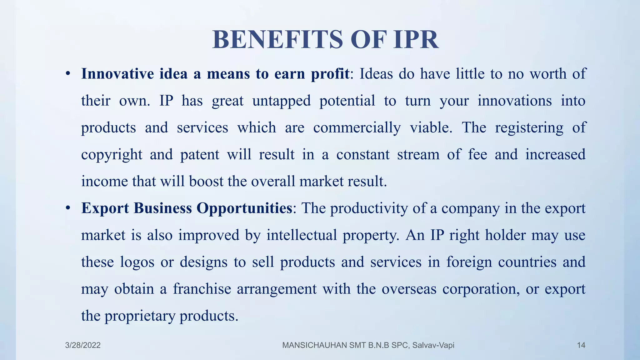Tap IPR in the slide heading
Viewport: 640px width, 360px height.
[x=416, y=40]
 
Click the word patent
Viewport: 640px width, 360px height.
[x=200, y=155]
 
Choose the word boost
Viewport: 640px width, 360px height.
[x=206, y=181]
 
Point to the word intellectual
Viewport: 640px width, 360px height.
[x=302, y=235]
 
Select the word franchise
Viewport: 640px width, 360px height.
[x=202, y=289]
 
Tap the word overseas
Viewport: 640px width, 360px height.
[x=409, y=289]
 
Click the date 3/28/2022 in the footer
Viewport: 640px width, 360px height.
[x=83, y=345]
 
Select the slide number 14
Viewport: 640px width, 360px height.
[x=581, y=345]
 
